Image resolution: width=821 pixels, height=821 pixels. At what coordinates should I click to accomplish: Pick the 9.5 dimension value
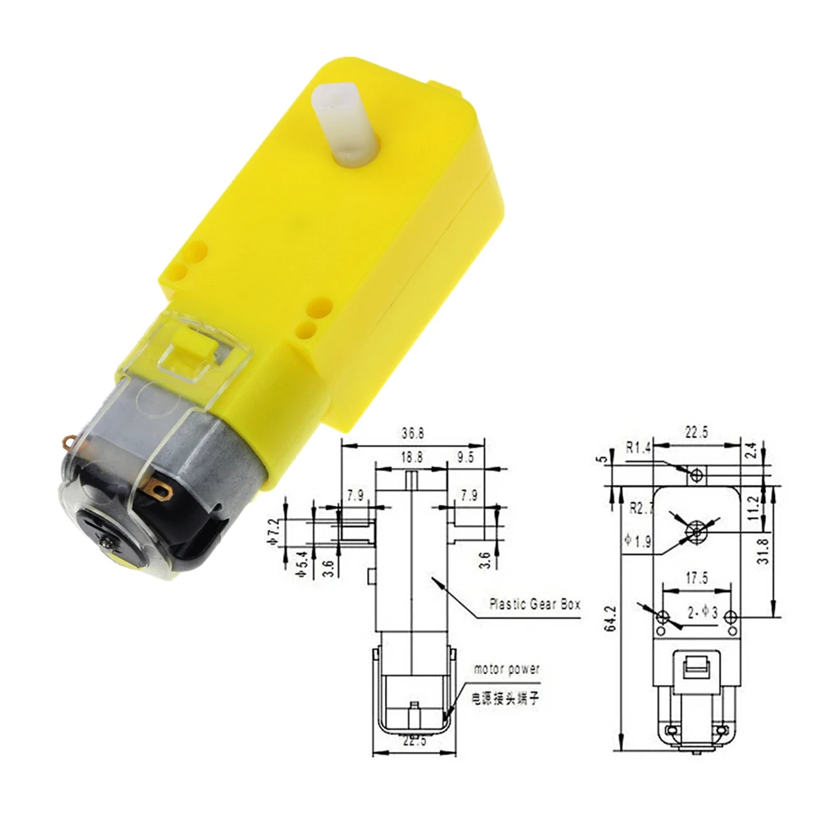pyautogui.click(x=466, y=459)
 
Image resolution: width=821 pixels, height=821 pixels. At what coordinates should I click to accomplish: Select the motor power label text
pyautogui.click(x=507, y=669)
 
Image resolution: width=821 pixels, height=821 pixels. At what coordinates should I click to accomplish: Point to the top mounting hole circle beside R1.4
pyautogui.click(x=697, y=475)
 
